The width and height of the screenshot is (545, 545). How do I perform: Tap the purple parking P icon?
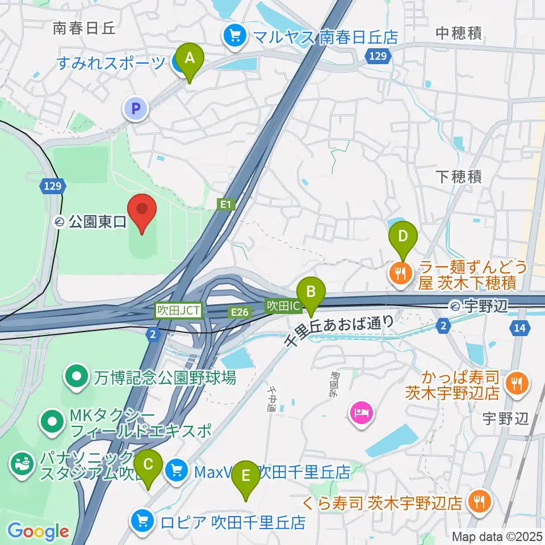pyautogui.click(x=136, y=108)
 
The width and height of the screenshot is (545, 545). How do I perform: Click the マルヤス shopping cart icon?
pyautogui.click(x=234, y=36)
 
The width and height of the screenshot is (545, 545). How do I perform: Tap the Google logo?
pyautogui.click(x=39, y=531)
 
